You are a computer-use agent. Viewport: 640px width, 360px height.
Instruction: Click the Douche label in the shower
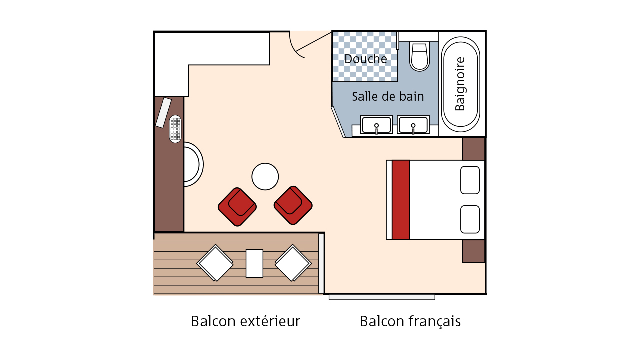point(365,59)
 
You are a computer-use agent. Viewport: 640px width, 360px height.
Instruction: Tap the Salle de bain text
point(388,97)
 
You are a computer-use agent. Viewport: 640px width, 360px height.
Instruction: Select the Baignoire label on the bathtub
point(460,84)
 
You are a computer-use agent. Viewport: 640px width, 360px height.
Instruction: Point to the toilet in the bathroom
point(419,56)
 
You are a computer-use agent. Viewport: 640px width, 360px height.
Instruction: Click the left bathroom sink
point(376,125)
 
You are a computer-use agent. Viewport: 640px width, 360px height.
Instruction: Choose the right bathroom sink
point(413,125)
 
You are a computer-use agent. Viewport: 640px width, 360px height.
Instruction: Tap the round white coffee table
point(265,177)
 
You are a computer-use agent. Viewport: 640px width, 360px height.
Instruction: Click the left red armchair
point(237,207)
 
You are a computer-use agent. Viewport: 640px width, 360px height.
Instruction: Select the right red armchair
point(293,205)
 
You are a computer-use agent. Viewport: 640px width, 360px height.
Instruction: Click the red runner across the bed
point(401,200)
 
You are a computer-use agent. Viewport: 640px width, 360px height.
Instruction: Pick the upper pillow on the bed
point(470,180)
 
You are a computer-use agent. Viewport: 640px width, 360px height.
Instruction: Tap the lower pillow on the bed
point(470,219)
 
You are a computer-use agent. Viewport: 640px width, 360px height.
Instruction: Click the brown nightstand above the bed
point(473,149)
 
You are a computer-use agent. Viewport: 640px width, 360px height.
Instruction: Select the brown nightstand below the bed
point(473,251)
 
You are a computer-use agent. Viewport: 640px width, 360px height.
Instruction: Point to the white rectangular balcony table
point(254,263)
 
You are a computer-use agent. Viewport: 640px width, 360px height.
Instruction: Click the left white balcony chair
point(215,263)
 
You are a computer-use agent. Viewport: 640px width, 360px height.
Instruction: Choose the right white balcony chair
point(293,263)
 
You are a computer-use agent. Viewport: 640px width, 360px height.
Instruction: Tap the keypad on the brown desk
point(175,129)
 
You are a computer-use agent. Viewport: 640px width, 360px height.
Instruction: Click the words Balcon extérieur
point(245,321)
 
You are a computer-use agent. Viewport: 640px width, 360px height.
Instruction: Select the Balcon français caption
point(410,322)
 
